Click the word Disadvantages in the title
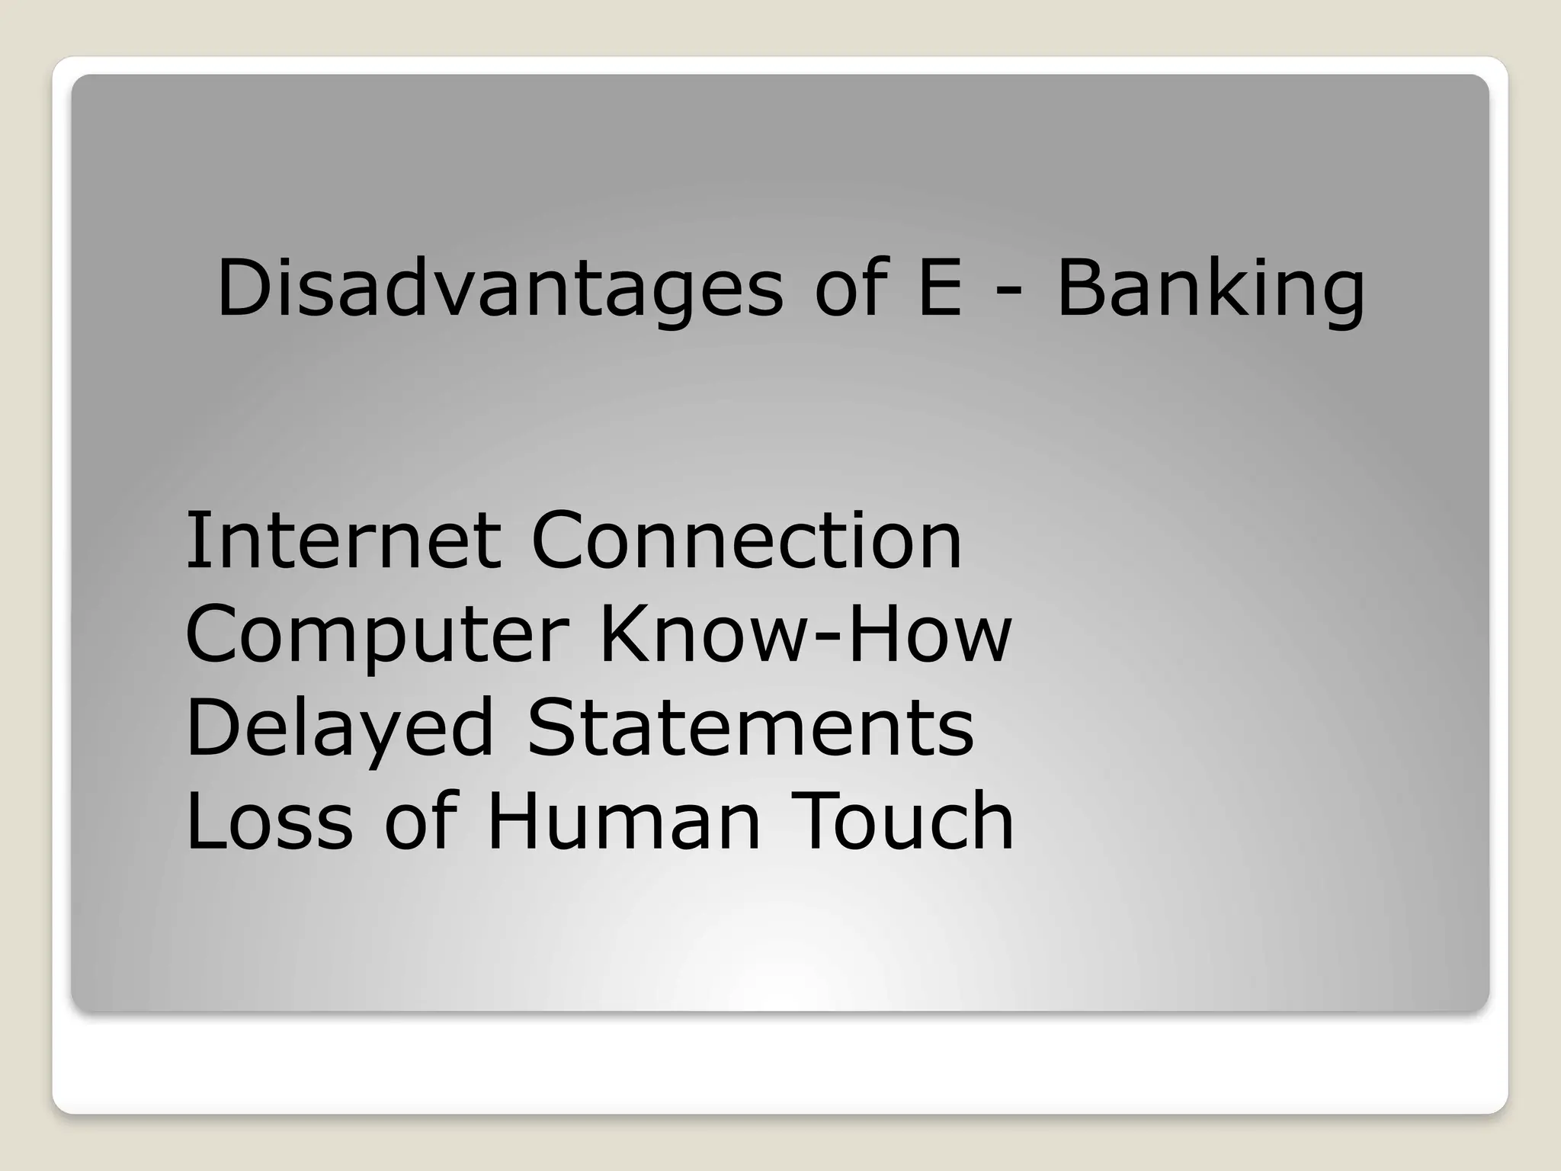(499, 290)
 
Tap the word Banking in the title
(1210, 290)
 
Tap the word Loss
(269, 820)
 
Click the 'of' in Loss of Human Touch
(421, 820)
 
